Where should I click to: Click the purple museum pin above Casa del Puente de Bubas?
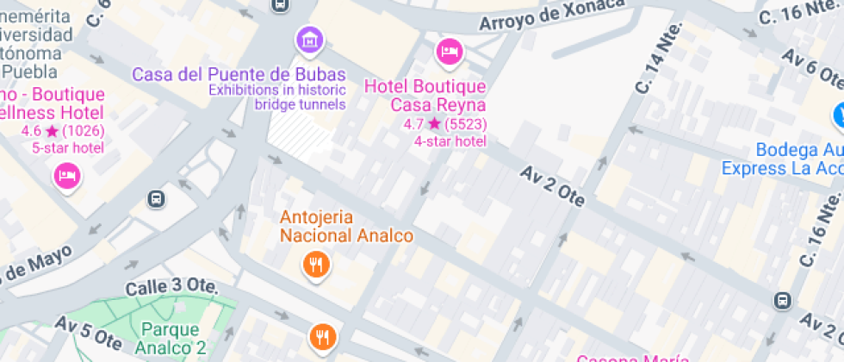click(x=309, y=39)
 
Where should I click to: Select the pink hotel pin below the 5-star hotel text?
click(x=67, y=177)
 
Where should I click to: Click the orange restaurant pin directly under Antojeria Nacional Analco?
click(x=317, y=265)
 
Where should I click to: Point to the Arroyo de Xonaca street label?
click(x=552, y=15)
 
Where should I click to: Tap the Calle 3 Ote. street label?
click(x=170, y=286)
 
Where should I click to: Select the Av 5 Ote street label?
click(x=88, y=331)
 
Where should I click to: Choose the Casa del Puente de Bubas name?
click(x=239, y=74)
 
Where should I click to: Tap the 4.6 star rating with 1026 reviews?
click(x=62, y=131)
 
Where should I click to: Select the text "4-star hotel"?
click(x=450, y=141)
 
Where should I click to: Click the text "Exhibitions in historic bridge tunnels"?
click(x=276, y=97)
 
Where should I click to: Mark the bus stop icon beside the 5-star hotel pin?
click(x=157, y=199)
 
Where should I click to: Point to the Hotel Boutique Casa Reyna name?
click(x=425, y=96)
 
